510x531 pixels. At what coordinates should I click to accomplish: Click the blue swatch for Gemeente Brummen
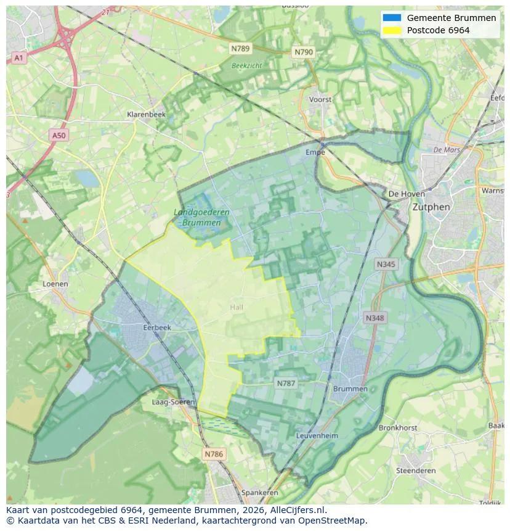point(391,18)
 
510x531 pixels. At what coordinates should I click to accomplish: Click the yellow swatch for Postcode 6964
point(391,30)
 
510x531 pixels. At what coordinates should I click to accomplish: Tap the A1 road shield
point(18,58)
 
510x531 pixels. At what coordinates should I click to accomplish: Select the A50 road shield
point(58,135)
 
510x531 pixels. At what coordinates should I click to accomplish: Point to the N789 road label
point(240,48)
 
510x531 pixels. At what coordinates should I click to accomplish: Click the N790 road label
point(304,52)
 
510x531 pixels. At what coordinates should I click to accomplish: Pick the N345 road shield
point(386,264)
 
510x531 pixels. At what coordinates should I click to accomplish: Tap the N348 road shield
point(374,318)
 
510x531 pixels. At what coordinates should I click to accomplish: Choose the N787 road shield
point(286,383)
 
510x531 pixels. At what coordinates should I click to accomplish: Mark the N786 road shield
point(214,454)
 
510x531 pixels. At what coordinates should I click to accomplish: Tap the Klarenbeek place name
point(146,114)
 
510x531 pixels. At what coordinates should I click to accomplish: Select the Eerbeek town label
point(156,327)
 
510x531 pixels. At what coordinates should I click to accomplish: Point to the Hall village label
point(237,307)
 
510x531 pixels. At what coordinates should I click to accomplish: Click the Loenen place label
point(55,284)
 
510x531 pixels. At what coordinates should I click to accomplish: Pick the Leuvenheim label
point(317,435)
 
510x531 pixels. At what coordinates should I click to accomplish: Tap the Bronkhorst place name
point(397,427)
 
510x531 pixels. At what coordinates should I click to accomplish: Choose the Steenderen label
point(416,471)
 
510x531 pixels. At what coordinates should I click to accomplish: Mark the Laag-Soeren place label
point(173,402)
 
